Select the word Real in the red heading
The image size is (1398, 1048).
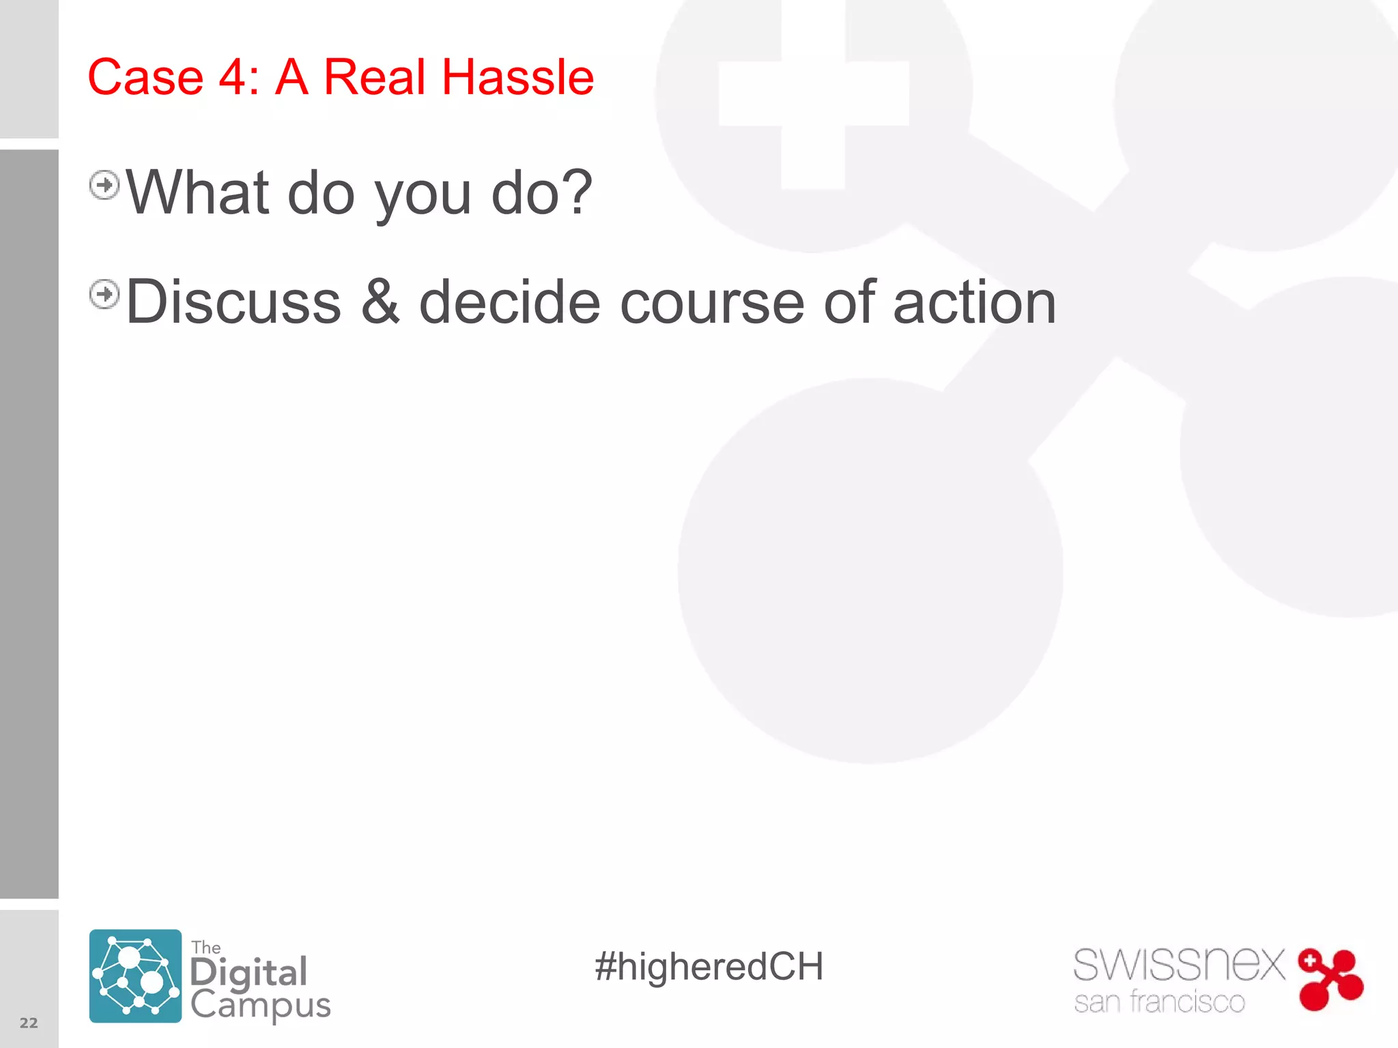(374, 77)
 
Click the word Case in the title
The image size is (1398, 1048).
(145, 77)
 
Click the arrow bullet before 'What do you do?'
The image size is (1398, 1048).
(104, 185)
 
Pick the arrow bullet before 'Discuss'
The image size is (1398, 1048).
(104, 295)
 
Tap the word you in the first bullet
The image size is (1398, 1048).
(423, 198)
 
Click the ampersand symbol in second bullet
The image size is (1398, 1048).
(380, 302)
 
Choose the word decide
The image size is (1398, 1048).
(509, 302)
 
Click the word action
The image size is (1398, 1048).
(974, 302)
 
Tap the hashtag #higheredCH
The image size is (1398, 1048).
(709, 967)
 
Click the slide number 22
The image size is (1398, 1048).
(29, 1023)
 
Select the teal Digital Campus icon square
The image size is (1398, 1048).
(135, 976)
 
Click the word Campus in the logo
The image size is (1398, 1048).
(260, 1005)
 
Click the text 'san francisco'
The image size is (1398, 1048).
(1159, 1002)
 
